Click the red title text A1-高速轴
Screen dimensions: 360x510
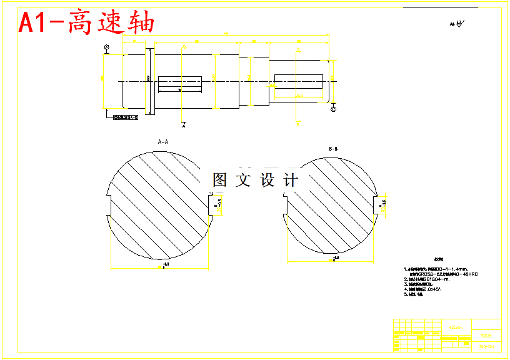87,23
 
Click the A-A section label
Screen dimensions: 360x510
163,142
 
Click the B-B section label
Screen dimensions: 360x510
333,149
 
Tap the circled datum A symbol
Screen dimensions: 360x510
107,48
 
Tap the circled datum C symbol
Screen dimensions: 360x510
332,109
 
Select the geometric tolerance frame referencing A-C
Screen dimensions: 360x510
125,117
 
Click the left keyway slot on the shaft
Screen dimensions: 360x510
180,82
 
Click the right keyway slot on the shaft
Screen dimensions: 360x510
298,81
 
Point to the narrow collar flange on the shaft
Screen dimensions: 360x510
149,81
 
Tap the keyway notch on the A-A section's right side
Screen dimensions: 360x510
215,204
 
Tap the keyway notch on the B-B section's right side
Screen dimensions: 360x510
380,204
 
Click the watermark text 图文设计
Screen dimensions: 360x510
255,180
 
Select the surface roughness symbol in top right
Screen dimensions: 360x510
457,24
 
